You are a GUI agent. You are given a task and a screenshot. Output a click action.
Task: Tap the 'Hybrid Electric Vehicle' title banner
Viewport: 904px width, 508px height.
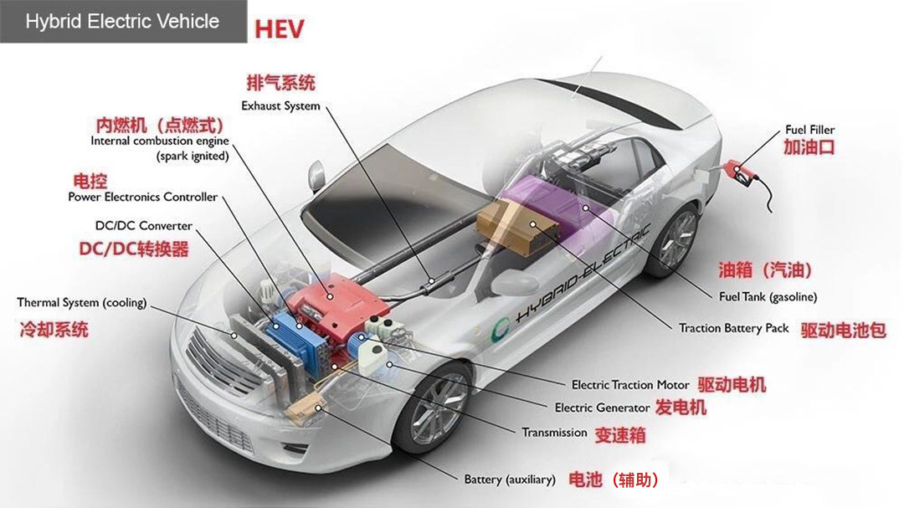point(122,22)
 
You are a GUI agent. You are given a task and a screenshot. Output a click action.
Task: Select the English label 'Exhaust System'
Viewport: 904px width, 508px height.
point(280,106)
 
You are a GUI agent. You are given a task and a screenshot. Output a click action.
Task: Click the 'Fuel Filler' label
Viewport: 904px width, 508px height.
point(809,130)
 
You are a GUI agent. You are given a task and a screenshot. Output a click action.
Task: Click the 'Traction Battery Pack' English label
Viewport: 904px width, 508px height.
point(733,328)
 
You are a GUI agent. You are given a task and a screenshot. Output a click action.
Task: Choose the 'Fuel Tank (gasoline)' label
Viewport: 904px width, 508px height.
point(768,297)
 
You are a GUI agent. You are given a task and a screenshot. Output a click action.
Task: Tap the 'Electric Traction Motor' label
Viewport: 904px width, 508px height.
point(630,385)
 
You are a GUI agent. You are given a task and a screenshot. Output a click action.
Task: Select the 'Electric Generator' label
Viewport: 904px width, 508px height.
point(602,408)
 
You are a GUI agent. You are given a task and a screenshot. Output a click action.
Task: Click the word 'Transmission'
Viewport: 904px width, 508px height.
point(554,433)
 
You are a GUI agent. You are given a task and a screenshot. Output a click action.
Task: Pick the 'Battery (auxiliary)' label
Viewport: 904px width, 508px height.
point(510,480)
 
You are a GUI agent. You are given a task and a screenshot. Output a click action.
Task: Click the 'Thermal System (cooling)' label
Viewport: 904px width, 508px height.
point(82,302)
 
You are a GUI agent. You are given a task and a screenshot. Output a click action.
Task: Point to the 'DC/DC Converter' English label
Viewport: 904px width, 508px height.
point(144,226)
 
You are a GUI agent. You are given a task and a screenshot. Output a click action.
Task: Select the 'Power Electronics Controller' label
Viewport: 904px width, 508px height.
point(142,198)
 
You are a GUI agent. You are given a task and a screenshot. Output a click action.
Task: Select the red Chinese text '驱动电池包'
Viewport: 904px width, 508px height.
point(843,329)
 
